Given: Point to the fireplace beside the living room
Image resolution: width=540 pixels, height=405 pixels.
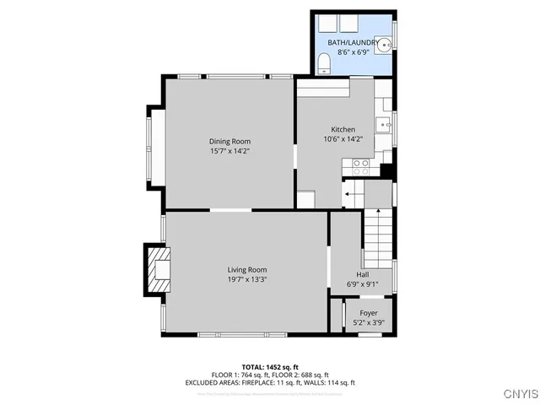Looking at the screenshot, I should (x=157, y=269).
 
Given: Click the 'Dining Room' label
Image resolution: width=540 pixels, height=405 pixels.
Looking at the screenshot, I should (x=229, y=141).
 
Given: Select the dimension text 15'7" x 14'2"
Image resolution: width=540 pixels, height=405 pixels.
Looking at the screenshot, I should (x=229, y=151).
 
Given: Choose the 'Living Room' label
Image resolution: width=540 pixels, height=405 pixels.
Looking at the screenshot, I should (x=246, y=269).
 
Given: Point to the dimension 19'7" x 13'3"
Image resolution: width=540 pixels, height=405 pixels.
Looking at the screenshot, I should (x=246, y=279).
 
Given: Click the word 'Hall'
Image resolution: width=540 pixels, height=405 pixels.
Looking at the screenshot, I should (x=362, y=274).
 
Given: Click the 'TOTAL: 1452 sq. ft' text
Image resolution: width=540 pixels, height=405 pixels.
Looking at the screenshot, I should (x=269, y=366).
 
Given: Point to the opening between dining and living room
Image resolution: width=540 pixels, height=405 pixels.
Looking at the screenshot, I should (x=229, y=210).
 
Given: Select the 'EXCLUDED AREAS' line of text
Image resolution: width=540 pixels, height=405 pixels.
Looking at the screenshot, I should (x=269, y=383).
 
